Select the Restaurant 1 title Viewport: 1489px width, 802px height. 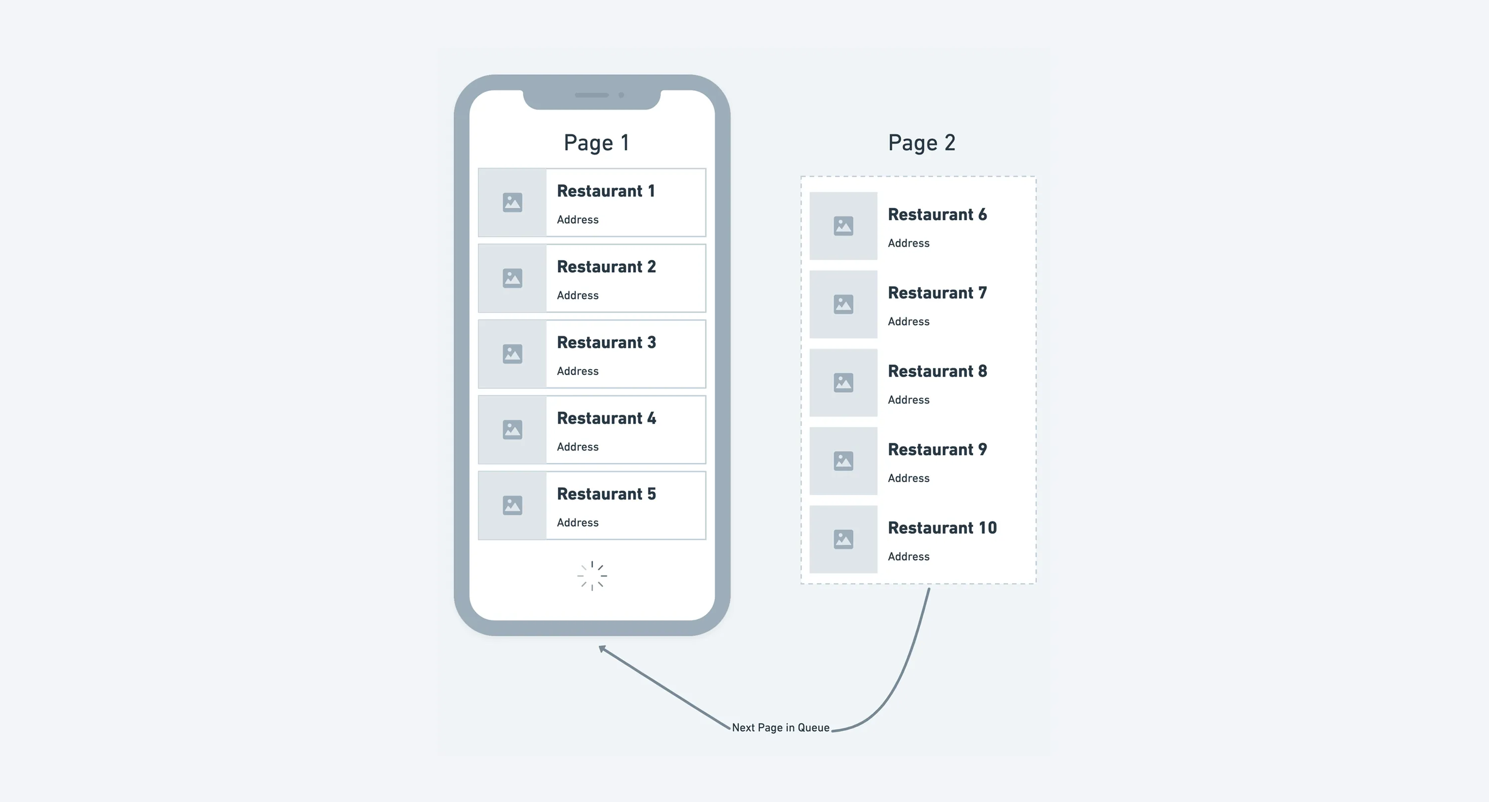(606, 191)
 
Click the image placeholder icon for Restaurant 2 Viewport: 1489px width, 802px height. (512, 278)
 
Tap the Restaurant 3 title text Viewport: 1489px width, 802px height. (606, 342)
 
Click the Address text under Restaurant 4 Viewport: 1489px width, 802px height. (577, 447)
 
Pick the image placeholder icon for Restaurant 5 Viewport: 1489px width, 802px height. (512, 505)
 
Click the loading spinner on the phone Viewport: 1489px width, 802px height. (592, 576)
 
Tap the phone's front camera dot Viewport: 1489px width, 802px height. (621, 95)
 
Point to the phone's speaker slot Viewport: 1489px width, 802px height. (591, 95)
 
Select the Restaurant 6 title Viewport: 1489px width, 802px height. (937, 214)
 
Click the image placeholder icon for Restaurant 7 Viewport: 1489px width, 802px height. (843, 304)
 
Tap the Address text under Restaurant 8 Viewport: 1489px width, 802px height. (909, 400)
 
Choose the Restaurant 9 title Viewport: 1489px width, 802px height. (937, 449)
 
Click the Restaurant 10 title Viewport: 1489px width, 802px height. (942, 528)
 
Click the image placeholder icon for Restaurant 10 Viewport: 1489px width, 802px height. (843, 539)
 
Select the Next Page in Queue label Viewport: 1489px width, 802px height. (780, 727)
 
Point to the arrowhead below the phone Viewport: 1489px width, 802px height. (602, 649)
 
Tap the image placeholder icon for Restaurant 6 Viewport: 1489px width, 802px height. (843, 226)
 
